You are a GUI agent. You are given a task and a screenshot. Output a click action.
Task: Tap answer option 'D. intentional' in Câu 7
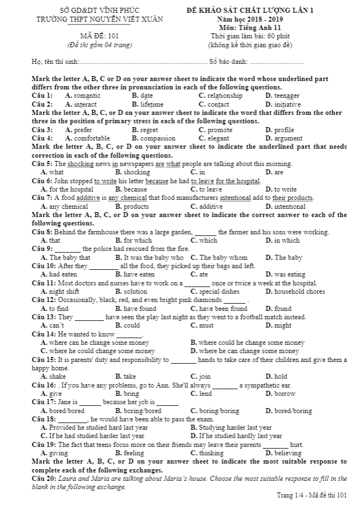point(286,207)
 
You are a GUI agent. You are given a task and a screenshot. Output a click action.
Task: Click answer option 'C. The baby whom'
point(219,258)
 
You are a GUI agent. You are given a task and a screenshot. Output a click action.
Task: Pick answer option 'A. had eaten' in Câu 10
point(59,274)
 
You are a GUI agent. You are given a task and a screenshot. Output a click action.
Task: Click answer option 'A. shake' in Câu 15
point(53,376)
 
